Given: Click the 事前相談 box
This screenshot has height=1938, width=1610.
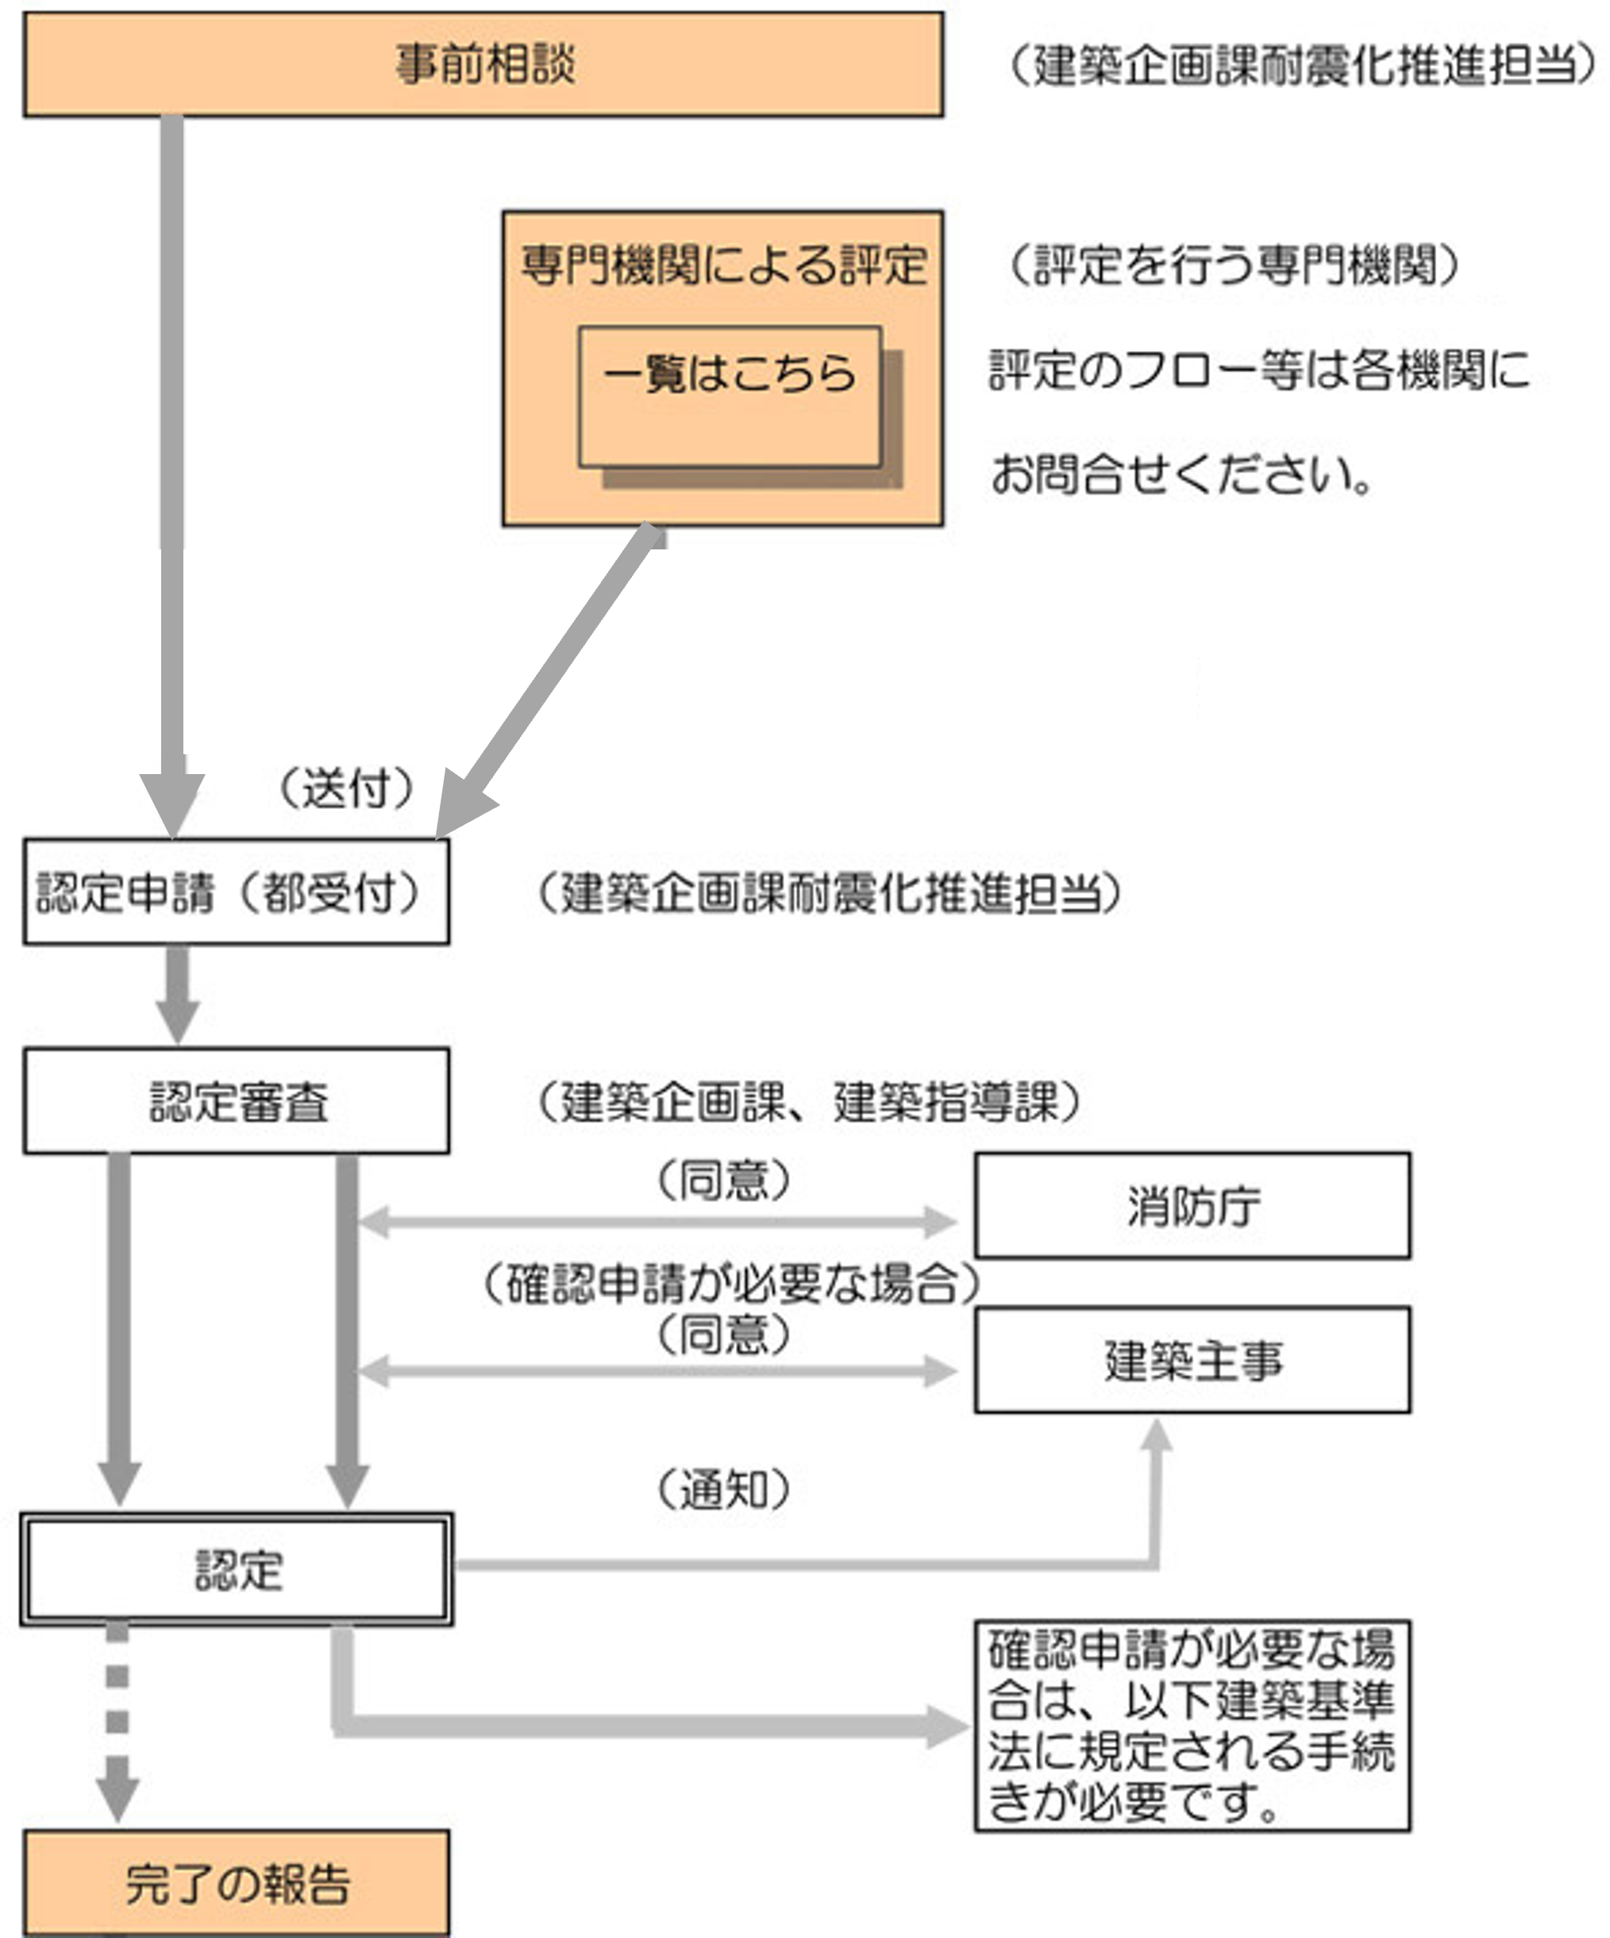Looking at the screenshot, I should click(483, 64).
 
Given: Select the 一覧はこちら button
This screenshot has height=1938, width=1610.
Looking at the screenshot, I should click(729, 397).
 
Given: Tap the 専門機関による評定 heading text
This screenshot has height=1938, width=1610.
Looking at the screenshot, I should click(722, 266).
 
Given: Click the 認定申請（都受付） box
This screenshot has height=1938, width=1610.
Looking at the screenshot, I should click(237, 892).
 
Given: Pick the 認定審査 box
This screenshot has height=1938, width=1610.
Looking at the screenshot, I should click(237, 1101).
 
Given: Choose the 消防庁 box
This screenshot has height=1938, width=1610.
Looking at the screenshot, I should click(1192, 1206).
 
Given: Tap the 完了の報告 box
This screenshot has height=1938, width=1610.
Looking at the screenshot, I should click(237, 1883).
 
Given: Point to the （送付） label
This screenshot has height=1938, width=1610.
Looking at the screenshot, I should click(346, 789).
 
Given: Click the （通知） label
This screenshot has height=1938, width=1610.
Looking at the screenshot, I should click(723, 1489).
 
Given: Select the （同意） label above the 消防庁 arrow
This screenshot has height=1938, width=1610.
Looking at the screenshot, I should click(723, 1180).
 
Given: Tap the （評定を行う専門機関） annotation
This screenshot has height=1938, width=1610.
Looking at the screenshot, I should click(1233, 266).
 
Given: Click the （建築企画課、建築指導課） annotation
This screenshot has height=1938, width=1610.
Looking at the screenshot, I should click(808, 1101).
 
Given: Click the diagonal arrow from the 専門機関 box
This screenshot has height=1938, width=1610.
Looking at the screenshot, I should click(553, 674).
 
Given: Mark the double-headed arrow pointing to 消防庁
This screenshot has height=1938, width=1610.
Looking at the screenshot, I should click(657, 1223).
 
